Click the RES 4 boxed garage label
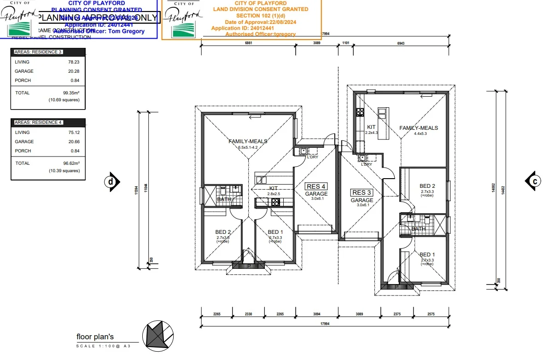(x=316, y=186)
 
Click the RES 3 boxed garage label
(x=362, y=192)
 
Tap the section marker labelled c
(x=534, y=181)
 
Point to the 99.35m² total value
(x=71, y=93)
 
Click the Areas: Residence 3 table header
(x=38, y=52)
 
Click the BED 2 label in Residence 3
(x=427, y=186)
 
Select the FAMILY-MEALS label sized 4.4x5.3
(x=418, y=128)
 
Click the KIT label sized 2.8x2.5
(x=274, y=188)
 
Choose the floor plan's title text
(x=95, y=337)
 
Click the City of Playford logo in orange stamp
(x=184, y=21)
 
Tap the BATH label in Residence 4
(x=224, y=199)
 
